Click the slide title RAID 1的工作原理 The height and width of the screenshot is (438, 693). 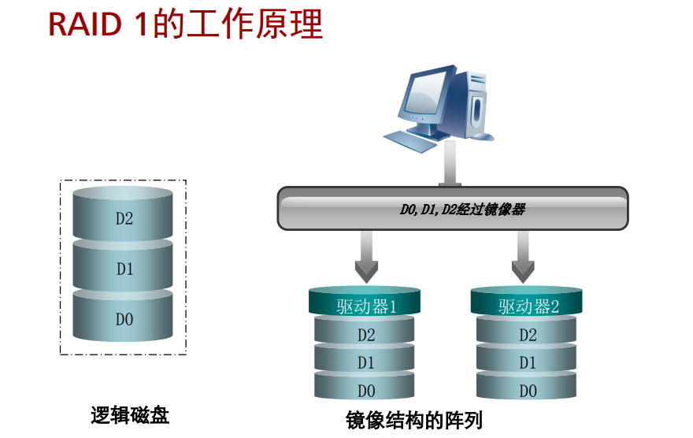(x=186, y=24)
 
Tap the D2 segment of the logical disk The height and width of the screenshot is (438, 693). (x=123, y=214)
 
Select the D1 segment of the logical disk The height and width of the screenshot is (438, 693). (x=123, y=265)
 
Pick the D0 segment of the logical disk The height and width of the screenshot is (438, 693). (x=123, y=316)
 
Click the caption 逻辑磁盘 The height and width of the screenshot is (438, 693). (x=130, y=415)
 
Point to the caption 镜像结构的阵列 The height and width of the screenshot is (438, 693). (x=413, y=420)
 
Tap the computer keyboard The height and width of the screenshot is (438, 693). (x=410, y=142)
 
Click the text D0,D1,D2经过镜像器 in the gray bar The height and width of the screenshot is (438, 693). (x=462, y=209)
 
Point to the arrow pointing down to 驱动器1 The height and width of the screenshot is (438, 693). (x=366, y=257)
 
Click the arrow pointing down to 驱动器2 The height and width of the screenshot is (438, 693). (x=523, y=257)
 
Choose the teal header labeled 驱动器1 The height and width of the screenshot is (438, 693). (x=365, y=301)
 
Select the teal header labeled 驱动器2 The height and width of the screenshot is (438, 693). (x=526, y=301)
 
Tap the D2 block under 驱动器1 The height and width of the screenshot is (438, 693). (x=365, y=331)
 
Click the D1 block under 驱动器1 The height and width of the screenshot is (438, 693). (x=365, y=358)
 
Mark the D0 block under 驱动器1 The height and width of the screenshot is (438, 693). (x=365, y=386)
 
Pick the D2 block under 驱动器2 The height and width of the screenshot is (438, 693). (x=526, y=331)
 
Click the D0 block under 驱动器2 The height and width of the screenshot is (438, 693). (x=526, y=386)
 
